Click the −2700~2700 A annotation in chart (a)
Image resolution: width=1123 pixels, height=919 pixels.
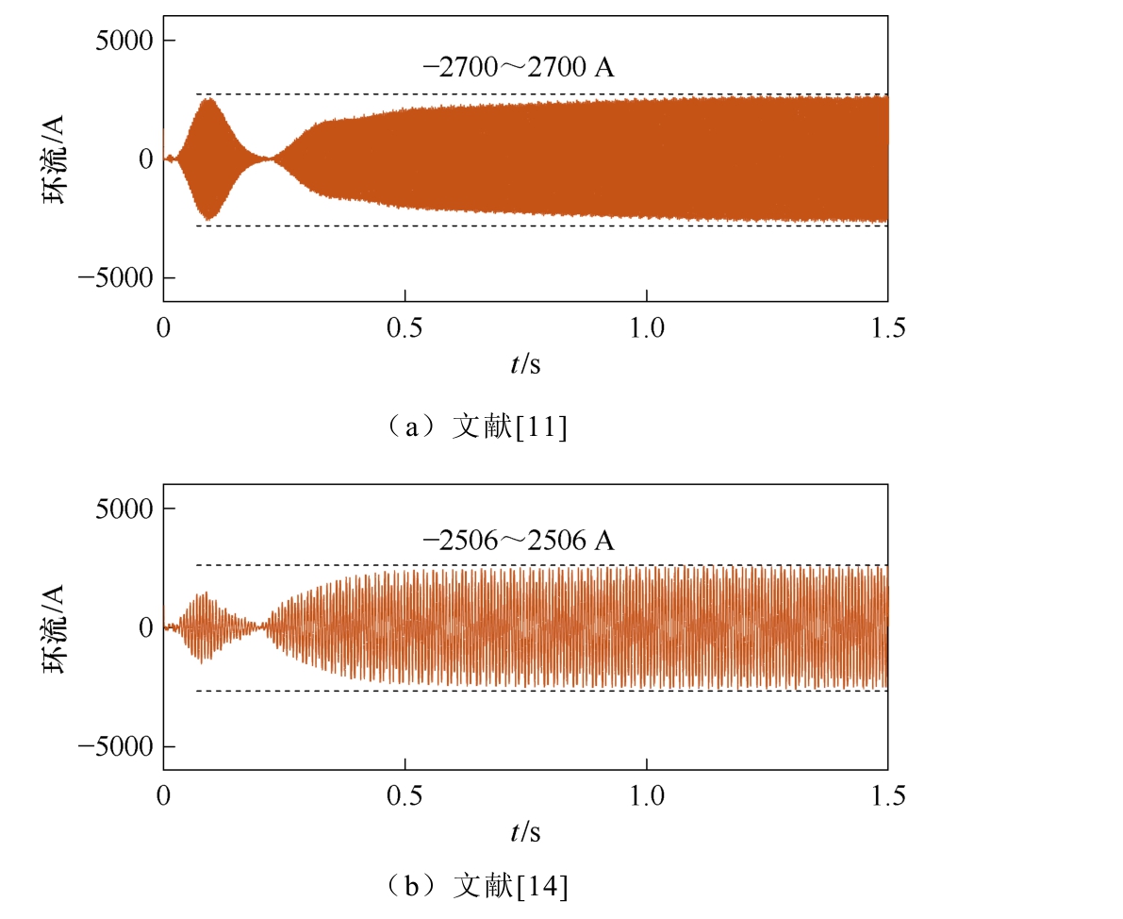pos(519,67)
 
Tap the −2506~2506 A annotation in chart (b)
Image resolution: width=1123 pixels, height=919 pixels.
pos(519,540)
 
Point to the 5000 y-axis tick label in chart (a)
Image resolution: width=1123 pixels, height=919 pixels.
pos(124,41)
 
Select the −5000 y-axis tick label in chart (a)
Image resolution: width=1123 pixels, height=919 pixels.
pos(115,277)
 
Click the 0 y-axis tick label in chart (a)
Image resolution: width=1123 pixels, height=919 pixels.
pos(146,159)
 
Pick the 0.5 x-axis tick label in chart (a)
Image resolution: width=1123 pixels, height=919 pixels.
pos(405,327)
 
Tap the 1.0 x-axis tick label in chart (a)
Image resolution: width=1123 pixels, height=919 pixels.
pos(647,327)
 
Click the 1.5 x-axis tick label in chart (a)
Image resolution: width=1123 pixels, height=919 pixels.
pos(888,327)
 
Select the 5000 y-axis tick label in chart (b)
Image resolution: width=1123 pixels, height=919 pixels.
pos(124,509)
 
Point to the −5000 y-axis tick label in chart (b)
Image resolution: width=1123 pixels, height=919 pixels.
pos(115,746)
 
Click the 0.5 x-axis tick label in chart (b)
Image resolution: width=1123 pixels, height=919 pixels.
pos(405,795)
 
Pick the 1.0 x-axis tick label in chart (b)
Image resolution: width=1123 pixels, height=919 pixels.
pos(647,795)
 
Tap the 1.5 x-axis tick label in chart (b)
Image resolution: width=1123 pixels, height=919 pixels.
pos(888,795)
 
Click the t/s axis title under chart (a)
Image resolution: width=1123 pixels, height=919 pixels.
pos(526,364)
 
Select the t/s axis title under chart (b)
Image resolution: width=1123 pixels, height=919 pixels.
pos(526,832)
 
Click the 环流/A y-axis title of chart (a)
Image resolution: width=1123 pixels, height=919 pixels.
pos(54,159)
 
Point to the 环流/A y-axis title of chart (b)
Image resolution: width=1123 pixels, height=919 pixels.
pos(54,628)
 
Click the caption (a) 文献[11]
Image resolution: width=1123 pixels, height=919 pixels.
pos(476,427)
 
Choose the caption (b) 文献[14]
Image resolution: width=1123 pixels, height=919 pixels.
pos(476,886)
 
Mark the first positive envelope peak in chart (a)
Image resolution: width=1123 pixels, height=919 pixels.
pos(208,98)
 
